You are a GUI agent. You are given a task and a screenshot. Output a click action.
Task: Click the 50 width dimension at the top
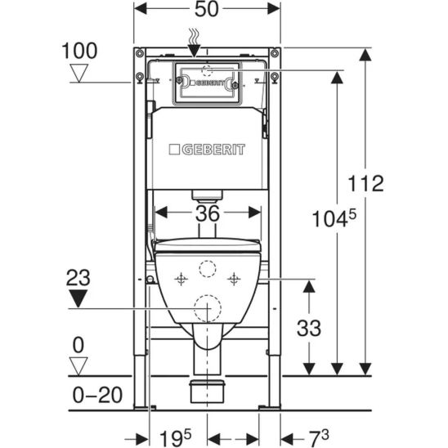(x=207, y=9)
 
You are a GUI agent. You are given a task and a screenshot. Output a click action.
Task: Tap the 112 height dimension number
(x=365, y=183)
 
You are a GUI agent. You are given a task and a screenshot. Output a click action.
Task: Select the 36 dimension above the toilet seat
(x=208, y=213)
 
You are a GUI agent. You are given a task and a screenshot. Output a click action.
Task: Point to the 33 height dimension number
(x=309, y=328)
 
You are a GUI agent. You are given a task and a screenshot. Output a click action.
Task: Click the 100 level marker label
(x=79, y=51)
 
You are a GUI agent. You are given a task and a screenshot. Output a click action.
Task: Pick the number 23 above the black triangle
(x=78, y=278)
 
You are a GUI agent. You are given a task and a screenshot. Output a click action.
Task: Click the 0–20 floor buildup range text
(x=97, y=395)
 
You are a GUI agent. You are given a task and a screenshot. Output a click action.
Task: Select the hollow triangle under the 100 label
(x=79, y=73)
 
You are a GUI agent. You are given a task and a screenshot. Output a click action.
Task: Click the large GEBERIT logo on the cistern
(x=207, y=150)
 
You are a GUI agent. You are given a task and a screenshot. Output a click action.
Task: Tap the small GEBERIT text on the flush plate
(x=208, y=83)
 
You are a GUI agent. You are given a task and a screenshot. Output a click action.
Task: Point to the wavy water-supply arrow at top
(x=195, y=43)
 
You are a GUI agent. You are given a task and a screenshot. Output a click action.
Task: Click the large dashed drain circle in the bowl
(x=208, y=308)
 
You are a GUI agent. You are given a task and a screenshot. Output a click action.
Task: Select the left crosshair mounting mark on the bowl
(x=181, y=279)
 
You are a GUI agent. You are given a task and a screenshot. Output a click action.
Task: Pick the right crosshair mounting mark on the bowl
(x=234, y=279)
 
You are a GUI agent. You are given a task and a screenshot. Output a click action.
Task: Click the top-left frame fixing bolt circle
(x=140, y=53)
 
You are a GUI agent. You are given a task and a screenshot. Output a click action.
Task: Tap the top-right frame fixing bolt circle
(x=275, y=53)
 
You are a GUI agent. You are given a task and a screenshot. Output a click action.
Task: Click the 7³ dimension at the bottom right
(x=319, y=437)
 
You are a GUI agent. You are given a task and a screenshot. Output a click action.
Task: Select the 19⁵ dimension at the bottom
(x=175, y=437)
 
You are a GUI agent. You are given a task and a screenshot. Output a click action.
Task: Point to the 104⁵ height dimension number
(x=334, y=217)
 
